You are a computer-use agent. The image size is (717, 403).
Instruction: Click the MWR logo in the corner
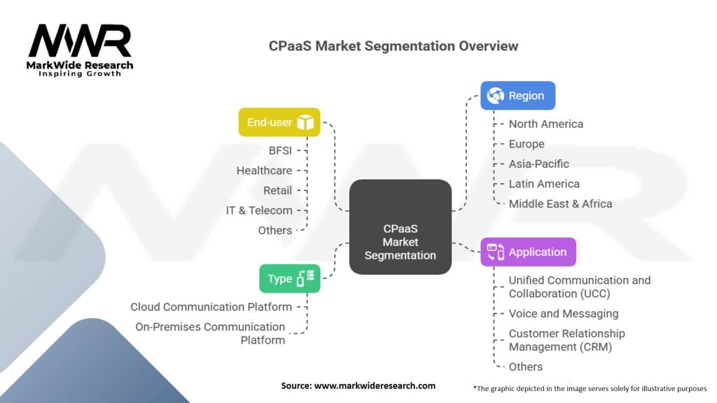click(80, 50)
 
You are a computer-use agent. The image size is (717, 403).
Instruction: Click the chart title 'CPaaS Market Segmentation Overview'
click(394, 46)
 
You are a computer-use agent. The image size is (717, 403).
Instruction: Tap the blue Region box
click(517, 95)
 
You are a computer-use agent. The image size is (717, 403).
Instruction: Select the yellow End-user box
click(279, 122)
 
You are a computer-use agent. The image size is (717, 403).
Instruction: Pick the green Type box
click(290, 278)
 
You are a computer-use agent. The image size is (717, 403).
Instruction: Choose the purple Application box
click(528, 252)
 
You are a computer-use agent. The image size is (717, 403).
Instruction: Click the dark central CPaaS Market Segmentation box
click(400, 227)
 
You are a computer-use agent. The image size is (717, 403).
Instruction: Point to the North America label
click(546, 124)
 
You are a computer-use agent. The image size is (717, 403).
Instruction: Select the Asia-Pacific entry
click(539, 164)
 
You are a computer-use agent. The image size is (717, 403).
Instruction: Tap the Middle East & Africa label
click(561, 204)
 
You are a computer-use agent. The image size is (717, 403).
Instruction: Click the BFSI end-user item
click(280, 150)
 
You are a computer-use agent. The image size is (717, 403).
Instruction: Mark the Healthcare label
click(264, 171)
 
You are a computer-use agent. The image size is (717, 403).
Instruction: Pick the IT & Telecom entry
click(259, 210)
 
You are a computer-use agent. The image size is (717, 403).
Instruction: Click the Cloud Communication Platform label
click(211, 306)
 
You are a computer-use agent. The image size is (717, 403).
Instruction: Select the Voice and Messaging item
click(564, 313)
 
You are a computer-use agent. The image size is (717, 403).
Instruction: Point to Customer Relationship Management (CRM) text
click(567, 340)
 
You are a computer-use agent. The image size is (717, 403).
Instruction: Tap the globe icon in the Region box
click(495, 95)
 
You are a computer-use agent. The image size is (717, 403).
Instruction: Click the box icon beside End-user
click(305, 122)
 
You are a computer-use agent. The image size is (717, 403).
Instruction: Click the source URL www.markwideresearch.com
click(375, 386)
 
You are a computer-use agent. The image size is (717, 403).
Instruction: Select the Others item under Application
click(526, 367)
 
